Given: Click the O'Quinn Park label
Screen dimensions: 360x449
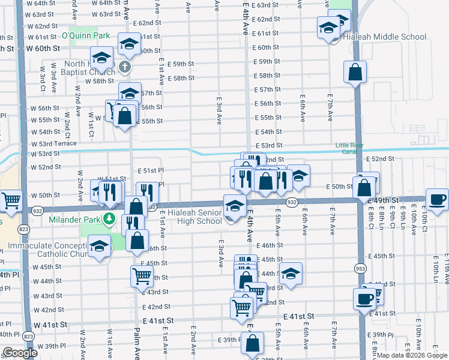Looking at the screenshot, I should pyautogui.click(x=89, y=35).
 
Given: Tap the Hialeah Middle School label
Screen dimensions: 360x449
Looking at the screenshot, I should pyautogui.click(x=384, y=37).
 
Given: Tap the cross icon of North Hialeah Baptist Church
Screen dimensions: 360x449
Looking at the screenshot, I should pyautogui.click(x=125, y=67).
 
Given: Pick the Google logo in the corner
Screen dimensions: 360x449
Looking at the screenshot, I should pyautogui.click(x=20, y=353).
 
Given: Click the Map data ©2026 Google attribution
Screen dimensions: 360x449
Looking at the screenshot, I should pyautogui.click(x=412, y=355).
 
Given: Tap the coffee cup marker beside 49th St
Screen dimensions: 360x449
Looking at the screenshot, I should pyautogui.click(x=436, y=199).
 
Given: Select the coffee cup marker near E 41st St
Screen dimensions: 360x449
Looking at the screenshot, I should pyautogui.click(x=364, y=298).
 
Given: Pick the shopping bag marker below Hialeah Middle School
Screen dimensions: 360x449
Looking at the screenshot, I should pyautogui.click(x=355, y=72).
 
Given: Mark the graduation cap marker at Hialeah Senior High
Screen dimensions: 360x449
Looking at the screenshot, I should pyautogui.click(x=234, y=206).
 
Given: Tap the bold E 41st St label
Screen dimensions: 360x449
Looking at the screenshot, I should pyautogui.click(x=298, y=316).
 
